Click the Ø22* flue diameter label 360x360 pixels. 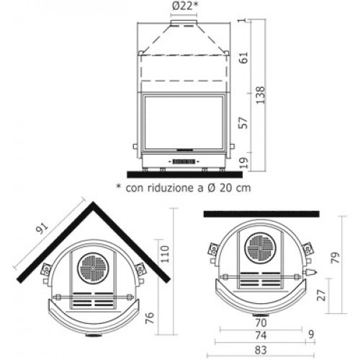pyautogui.click(x=185, y=6)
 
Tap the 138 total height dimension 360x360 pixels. pyautogui.click(x=261, y=95)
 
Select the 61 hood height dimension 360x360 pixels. pyautogui.click(x=243, y=58)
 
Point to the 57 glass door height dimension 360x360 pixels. pyautogui.click(x=243, y=123)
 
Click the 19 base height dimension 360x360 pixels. pyautogui.click(x=243, y=163)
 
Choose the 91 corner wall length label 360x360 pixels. pyautogui.click(x=42, y=228)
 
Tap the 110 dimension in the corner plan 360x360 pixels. pyautogui.click(x=165, y=254)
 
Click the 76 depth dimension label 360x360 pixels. pyautogui.click(x=150, y=318)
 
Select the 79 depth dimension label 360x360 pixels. pyautogui.click(x=336, y=258)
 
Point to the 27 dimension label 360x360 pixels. pyautogui.click(x=322, y=295)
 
